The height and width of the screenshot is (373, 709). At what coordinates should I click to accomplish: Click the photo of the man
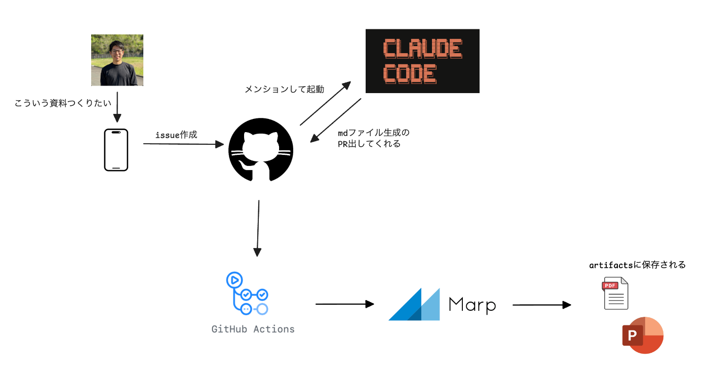tap(117, 60)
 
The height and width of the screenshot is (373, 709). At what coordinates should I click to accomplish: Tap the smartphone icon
tap(116, 150)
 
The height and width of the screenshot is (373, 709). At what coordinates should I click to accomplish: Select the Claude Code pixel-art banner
tap(422, 61)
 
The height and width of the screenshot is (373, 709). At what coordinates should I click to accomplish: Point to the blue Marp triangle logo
tap(414, 304)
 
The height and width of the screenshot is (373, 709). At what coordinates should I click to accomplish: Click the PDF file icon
tap(615, 294)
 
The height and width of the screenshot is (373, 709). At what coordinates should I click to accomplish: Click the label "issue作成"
tap(176, 135)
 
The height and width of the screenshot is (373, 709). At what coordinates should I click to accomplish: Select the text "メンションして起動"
tap(284, 89)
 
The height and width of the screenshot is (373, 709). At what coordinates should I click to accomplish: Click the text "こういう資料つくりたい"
tap(63, 103)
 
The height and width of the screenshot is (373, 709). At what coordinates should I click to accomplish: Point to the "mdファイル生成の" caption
tap(373, 133)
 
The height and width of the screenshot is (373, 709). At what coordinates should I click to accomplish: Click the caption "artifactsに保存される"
tap(637, 265)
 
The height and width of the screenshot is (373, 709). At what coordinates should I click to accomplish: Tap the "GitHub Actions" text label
tap(253, 329)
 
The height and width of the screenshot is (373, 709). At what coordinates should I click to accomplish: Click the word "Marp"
tap(472, 305)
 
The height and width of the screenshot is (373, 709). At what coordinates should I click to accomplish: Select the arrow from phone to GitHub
tap(183, 144)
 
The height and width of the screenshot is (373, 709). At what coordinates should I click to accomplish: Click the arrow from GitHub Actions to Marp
tap(344, 304)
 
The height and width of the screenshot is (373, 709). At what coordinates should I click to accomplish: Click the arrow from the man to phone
tap(117, 107)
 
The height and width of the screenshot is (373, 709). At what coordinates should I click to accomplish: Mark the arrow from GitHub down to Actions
tap(258, 228)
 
